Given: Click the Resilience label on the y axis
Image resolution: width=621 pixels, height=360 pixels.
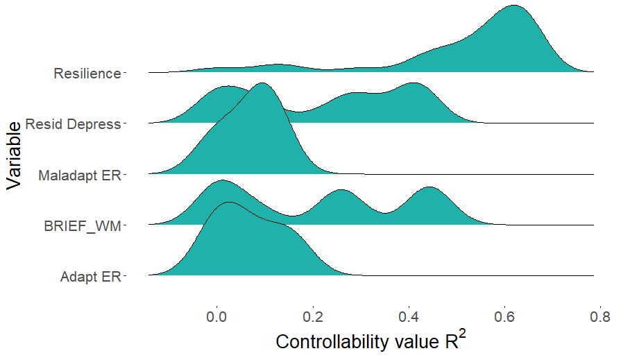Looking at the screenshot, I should [87, 73].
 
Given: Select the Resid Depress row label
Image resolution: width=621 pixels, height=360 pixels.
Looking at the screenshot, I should [73, 124].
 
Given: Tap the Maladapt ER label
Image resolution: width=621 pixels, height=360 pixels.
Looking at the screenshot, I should [80, 175].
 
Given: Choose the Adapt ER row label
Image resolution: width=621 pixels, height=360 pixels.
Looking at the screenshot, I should [90, 277].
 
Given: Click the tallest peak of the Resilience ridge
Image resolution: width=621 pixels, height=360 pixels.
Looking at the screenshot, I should [513, 6].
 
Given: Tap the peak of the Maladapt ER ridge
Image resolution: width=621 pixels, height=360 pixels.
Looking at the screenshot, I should [262, 84].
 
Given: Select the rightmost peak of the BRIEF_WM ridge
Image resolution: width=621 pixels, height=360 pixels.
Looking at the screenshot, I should [430, 188].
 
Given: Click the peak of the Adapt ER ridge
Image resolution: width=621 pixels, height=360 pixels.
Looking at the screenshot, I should [228, 203].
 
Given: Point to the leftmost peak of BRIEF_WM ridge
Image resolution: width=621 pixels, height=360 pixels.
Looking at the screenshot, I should [221, 181].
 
